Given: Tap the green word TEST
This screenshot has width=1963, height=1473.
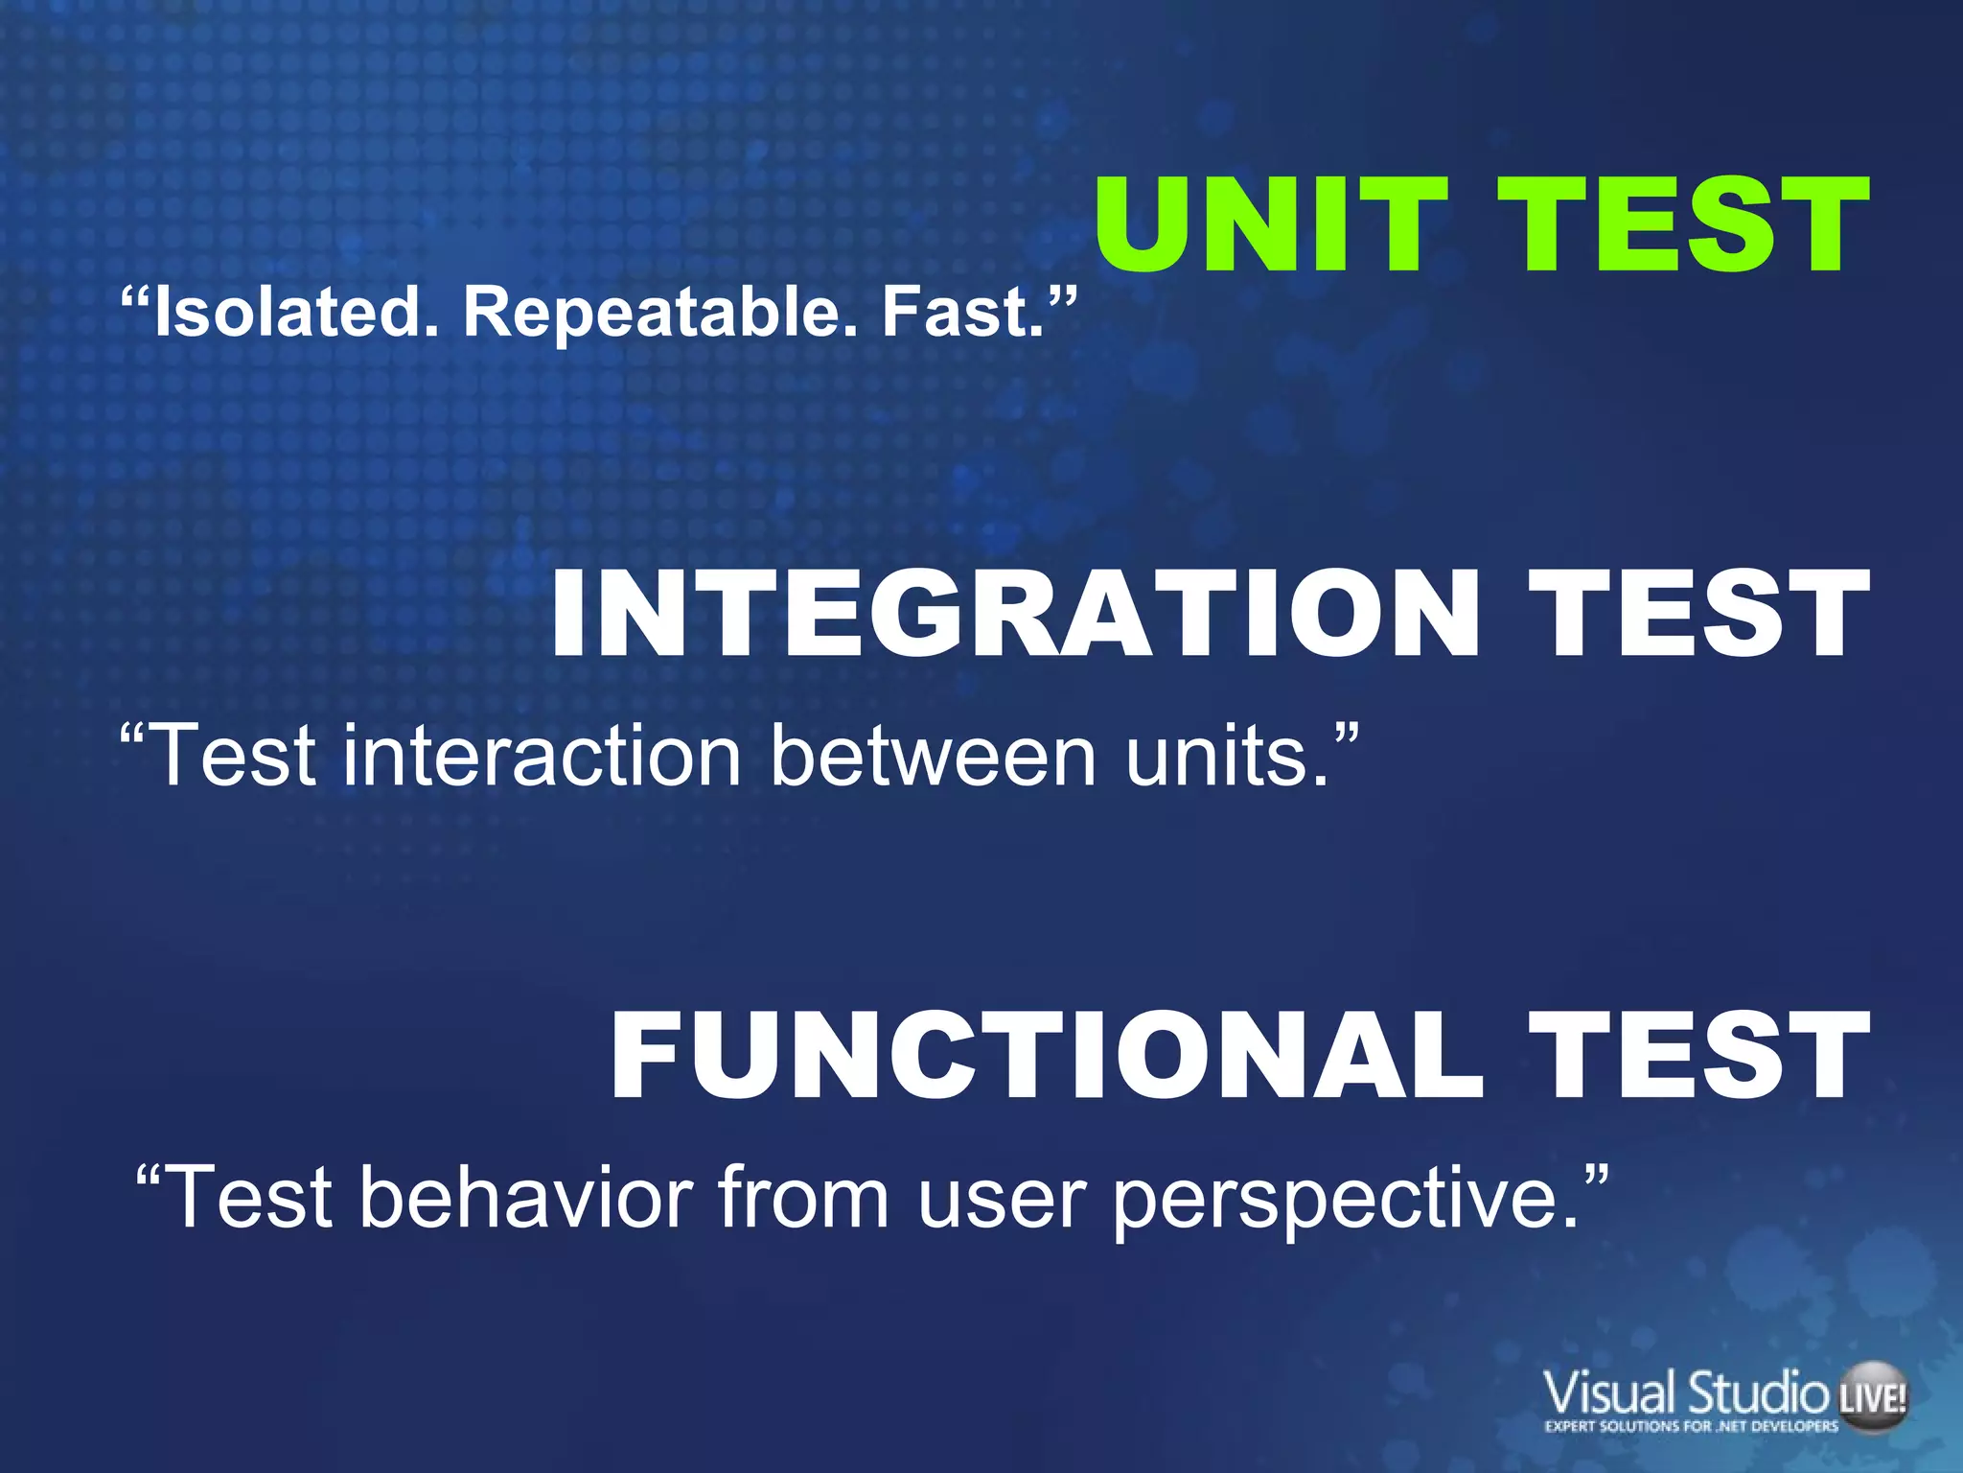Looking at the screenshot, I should coord(1682,225).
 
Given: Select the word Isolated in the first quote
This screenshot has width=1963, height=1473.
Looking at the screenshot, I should coord(288,312).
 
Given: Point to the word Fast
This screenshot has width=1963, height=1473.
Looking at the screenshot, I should coord(963,312).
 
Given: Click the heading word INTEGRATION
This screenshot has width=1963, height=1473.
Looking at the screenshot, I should coord(1016,614).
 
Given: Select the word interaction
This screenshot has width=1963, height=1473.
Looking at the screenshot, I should coord(542,756).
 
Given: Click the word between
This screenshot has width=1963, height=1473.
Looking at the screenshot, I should coord(935,756).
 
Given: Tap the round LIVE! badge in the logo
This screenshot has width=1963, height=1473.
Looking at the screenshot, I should coord(1872,1397).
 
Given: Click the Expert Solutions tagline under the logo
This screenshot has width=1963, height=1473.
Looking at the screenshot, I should coord(1691,1426).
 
